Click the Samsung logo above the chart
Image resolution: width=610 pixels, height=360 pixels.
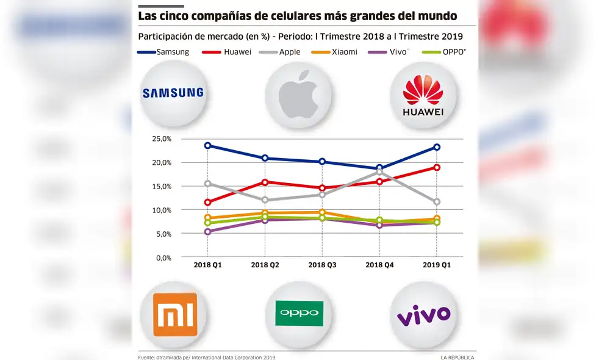[x=173, y=93]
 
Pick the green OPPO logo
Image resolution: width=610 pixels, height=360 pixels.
[x=299, y=313]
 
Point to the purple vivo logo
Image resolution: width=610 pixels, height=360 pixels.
[x=423, y=315]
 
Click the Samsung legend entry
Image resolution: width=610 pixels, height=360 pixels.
[x=164, y=52]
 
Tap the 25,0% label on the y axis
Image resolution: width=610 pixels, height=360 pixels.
[x=162, y=139]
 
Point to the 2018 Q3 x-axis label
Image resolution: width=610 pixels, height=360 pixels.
[x=321, y=265]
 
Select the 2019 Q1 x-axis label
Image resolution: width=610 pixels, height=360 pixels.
[x=437, y=265]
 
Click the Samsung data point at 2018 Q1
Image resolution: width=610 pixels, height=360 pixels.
[x=208, y=146]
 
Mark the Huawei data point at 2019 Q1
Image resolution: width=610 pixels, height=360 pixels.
[x=437, y=167]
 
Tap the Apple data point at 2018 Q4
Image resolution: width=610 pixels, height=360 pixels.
[x=379, y=172]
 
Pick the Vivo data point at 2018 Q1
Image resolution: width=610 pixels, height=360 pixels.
[x=208, y=232]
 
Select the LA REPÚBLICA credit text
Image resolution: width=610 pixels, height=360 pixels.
[x=457, y=357]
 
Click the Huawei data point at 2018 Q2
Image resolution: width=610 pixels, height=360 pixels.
[x=265, y=182]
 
